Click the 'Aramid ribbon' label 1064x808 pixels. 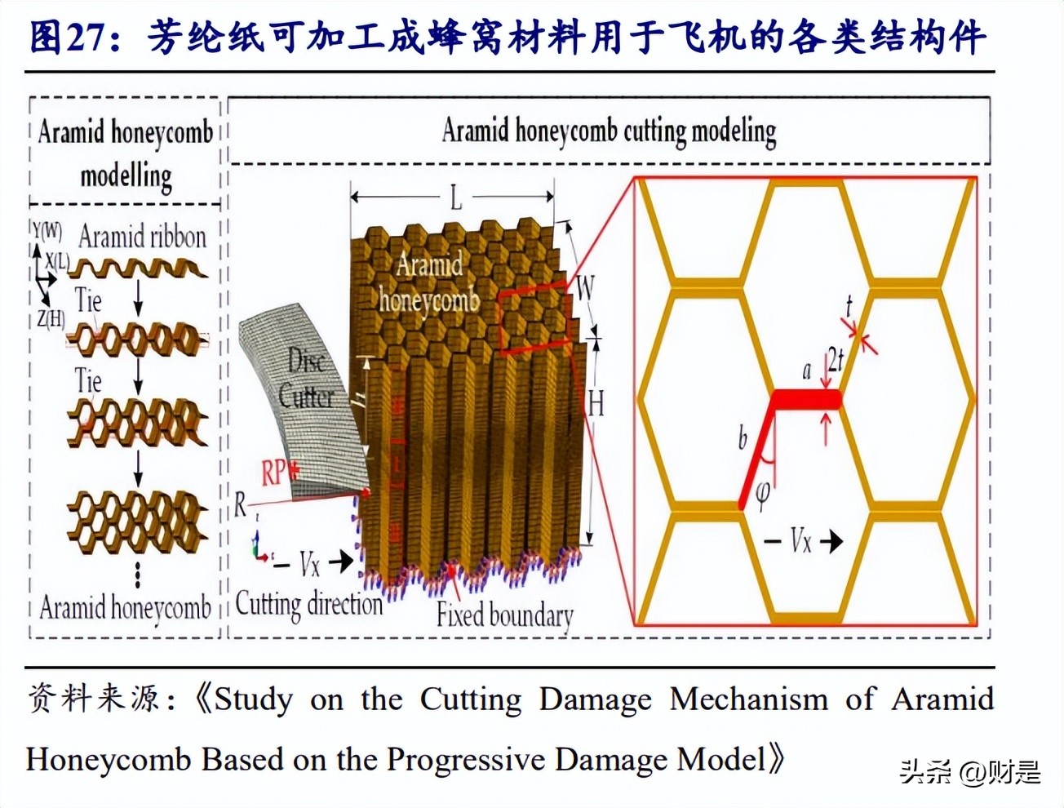coord(142,237)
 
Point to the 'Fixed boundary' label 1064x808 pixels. coord(504,614)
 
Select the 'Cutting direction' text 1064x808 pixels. coord(308,604)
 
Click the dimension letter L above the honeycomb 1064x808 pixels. coord(455,197)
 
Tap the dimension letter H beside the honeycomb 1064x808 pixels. coord(596,402)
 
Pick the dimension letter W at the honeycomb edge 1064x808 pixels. coord(585,287)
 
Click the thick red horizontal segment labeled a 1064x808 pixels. coord(806,400)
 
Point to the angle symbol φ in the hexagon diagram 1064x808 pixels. coord(763,494)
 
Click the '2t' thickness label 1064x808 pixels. coord(835,359)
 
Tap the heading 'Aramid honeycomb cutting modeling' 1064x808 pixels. coord(609,131)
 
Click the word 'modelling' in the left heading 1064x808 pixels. coord(126,175)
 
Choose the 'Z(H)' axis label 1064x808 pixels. coord(50,318)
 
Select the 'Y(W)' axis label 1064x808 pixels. coord(47,230)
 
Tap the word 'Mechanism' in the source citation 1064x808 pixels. coord(748,699)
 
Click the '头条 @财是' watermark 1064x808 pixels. coord(970,771)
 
